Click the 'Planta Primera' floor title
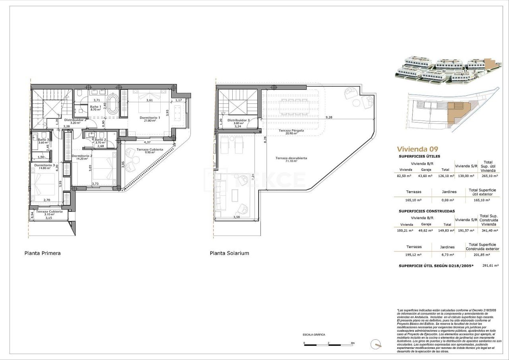[x=43, y=253]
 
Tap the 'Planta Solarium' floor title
[x=229, y=253]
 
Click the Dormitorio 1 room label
[x=150, y=118]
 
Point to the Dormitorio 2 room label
[x=82, y=156]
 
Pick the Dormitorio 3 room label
[x=45, y=165]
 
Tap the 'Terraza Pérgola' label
[x=291, y=130]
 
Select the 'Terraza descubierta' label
[x=291, y=158]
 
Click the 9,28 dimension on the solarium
[x=329, y=117]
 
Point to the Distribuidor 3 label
[x=239, y=120]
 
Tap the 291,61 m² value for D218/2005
[x=490, y=265]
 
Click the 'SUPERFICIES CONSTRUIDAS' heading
[x=427, y=211]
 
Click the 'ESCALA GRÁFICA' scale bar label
[x=314, y=335]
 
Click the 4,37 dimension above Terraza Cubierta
[x=147, y=142]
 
